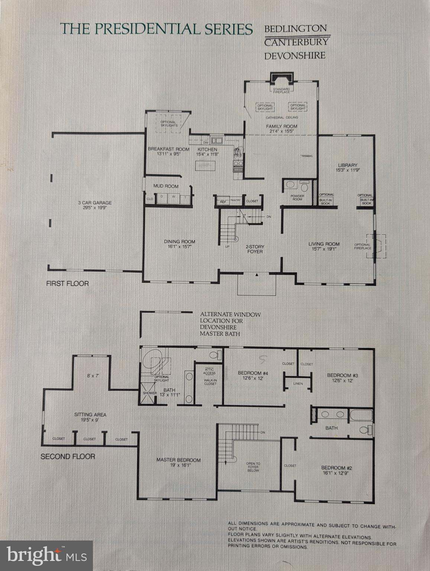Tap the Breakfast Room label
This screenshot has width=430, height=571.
click(x=169, y=149)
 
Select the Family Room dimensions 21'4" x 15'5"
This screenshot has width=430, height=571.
click(x=281, y=131)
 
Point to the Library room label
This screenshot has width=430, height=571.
click(x=347, y=165)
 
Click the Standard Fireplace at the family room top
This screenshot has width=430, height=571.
click(x=281, y=90)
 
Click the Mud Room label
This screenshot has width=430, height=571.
click(x=166, y=186)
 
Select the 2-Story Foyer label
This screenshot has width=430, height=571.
click(x=255, y=249)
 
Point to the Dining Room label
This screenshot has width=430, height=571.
click(x=180, y=242)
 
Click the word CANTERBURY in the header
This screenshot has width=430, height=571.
click(x=296, y=42)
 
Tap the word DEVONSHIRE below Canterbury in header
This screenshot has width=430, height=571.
click(x=295, y=56)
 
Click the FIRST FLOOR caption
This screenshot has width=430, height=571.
click(x=67, y=283)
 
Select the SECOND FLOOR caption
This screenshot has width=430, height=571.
click(x=68, y=456)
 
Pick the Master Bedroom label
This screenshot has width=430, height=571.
click(x=178, y=460)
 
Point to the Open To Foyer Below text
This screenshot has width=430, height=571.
click(x=253, y=467)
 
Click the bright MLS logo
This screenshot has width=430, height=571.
click(x=46, y=555)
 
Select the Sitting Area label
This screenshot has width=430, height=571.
click(x=90, y=414)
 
